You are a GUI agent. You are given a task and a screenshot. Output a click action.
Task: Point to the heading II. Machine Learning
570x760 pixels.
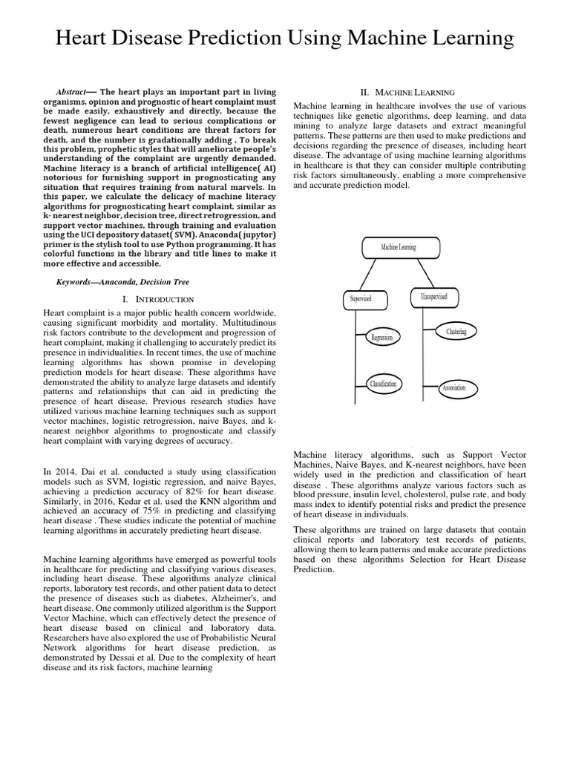[x=407, y=93]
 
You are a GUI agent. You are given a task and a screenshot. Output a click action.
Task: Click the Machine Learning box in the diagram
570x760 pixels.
[x=399, y=246]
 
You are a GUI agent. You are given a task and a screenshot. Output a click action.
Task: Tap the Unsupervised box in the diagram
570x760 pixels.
[x=433, y=298]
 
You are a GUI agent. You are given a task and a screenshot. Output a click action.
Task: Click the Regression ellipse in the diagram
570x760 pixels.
[x=381, y=338]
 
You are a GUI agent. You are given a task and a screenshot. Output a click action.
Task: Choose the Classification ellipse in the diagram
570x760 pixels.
[x=384, y=384]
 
